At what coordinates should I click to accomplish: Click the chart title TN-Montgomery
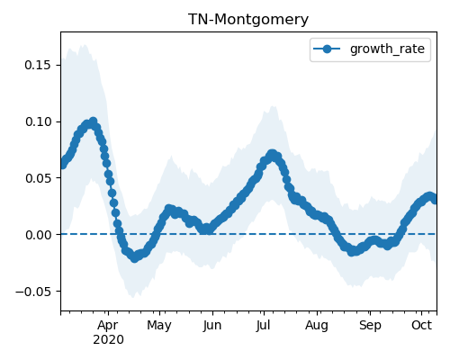pyautogui.click(x=248, y=20)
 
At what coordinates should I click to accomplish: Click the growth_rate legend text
pyautogui.click(x=387, y=49)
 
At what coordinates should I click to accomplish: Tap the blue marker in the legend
pyautogui.click(x=327, y=49)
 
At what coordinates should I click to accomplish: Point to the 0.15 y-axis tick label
pyautogui.click(x=38, y=65)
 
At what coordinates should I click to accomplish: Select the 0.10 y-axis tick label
pyautogui.click(x=38, y=121)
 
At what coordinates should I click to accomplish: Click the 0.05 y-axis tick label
pyautogui.click(x=38, y=178)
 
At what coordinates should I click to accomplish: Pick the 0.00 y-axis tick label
pyautogui.click(x=38, y=235)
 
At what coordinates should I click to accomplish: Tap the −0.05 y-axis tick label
pyautogui.click(x=33, y=292)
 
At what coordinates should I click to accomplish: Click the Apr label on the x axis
pyautogui.click(x=108, y=326)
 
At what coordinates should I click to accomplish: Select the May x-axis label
pyautogui.click(x=159, y=326)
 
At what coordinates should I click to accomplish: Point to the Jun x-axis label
pyautogui.click(x=212, y=325)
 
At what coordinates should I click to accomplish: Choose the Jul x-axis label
pyautogui.click(x=264, y=325)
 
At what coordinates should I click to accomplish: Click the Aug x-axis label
pyautogui.click(x=317, y=326)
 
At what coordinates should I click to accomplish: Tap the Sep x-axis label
pyautogui.click(x=370, y=326)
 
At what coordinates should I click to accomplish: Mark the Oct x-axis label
pyautogui.click(x=421, y=325)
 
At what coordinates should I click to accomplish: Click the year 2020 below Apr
pyautogui.click(x=108, y=340)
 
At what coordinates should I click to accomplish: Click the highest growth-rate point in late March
pyautogui.click(x=93, y=121)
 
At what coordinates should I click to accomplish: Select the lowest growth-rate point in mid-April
pyautogui.click(x=135, y=258)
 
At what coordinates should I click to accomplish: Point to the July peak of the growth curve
pyautogui.click(x=272, y=154)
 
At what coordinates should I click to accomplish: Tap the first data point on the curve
pyautogui.click(x=62, y=165)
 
